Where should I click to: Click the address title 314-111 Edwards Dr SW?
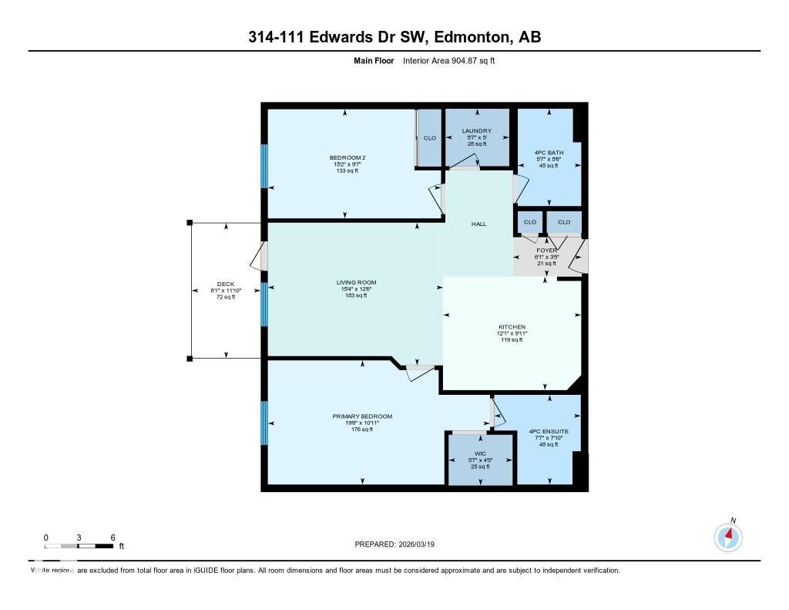pos(394,37)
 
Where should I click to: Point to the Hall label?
pos(478,224)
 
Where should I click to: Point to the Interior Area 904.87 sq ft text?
pos(448,61)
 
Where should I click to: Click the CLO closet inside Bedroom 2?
pos(430,138)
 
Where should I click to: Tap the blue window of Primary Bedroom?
pos(264,423)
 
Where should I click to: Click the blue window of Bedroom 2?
pos(264,166)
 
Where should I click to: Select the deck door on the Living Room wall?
pos(264,257)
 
